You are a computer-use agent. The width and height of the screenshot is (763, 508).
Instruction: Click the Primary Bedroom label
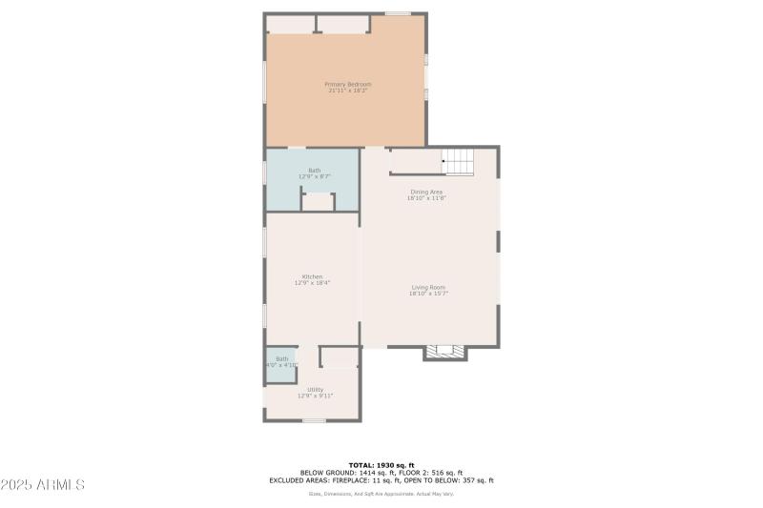(x=348, y=84)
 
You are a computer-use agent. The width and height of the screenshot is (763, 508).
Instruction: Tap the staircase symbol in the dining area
(x=459, y=163)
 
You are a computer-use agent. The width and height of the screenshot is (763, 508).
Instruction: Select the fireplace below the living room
(x=445, y=352)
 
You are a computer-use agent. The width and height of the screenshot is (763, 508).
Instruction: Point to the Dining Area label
(x=426, y=192)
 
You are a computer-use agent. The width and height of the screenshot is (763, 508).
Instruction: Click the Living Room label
(x=428, y=287)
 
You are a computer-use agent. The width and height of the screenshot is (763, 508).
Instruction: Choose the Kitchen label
(x=313, y=276)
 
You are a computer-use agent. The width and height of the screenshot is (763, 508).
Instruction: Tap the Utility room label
(x=315, y=389)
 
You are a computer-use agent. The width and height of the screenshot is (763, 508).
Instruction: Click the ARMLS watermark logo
(x=43, y=485)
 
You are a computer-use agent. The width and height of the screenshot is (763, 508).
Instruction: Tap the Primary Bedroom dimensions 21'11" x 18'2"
(x=348, y=91)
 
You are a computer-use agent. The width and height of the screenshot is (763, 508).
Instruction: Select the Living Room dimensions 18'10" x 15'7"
(x=428, y=294)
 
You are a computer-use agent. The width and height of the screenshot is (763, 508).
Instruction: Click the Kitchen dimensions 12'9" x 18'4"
(x=313, y=283)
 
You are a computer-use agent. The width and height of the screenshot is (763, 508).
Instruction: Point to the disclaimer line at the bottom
(x=381, y=494)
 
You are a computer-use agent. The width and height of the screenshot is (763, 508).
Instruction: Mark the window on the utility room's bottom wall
(x=314, y=420)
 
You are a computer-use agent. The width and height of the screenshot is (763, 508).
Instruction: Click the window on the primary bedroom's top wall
(x=398, y=13)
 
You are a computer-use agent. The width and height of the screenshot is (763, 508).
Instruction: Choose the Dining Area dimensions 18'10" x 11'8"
(x=426, y=198)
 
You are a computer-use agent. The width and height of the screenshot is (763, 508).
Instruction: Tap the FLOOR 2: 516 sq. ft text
(x=434, y=473)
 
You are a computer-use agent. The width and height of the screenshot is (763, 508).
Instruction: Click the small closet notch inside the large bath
(x=319, y=202)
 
